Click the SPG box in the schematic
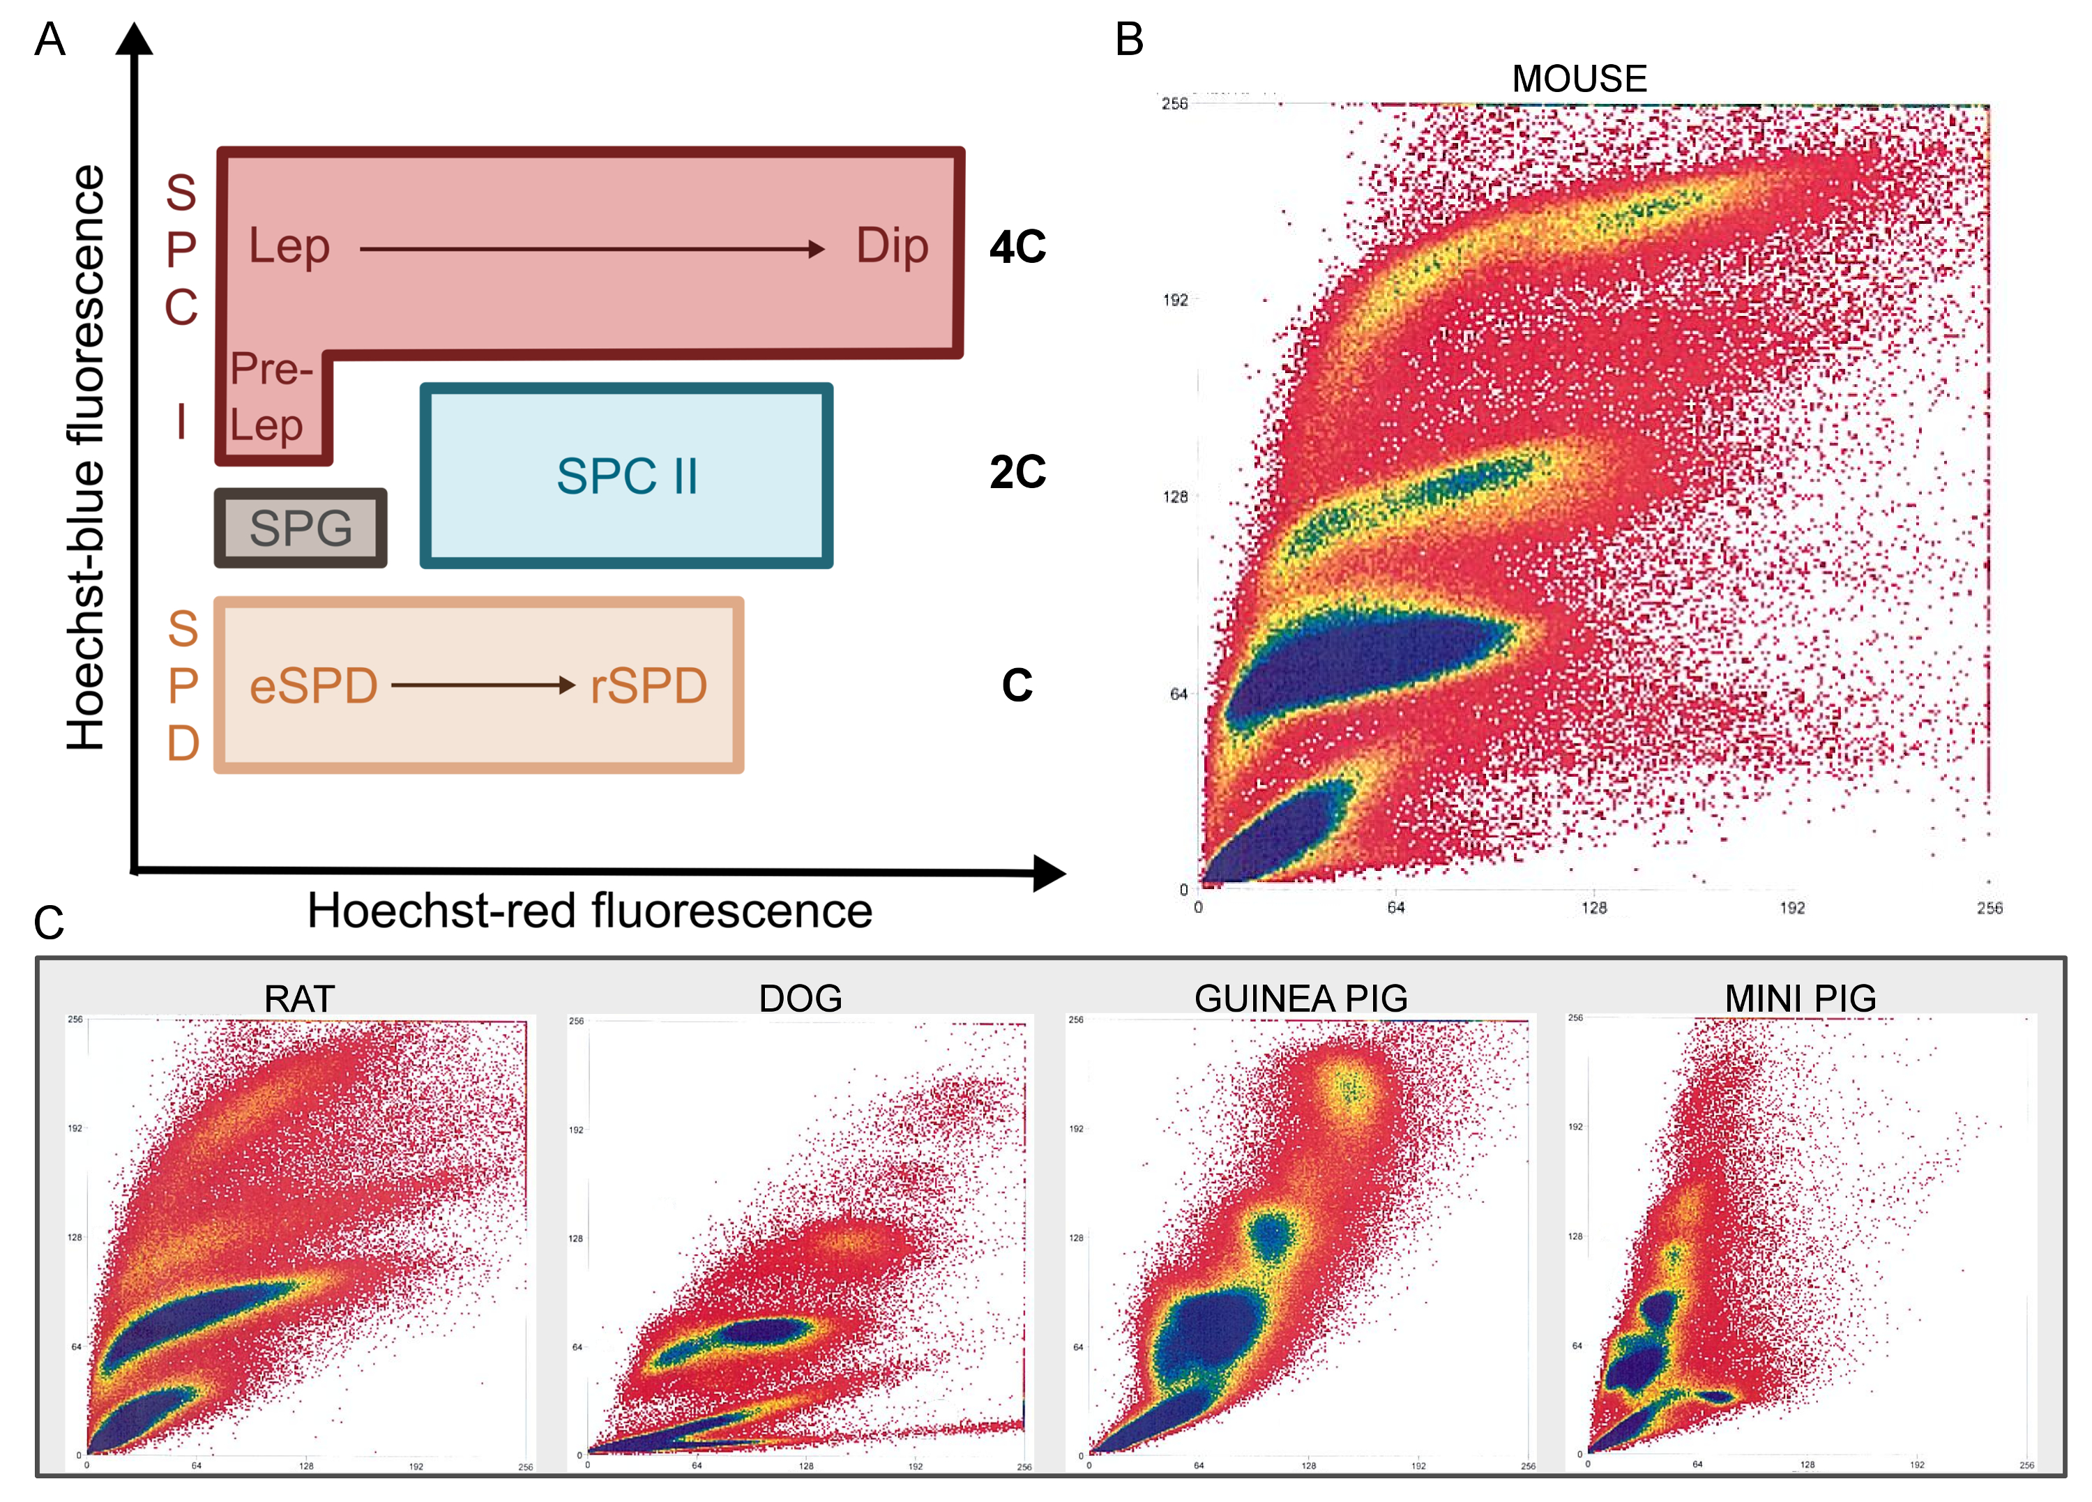pyautogui.click(x=301, y=528)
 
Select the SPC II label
pyautogui.click(x=626, y=476)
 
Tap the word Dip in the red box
pyautogui.click(x=892, y=246)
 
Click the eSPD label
pyautogui.click(x=314, y=686)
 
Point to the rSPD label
pyautogui.click(x=649, y=686)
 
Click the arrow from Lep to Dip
pyautogui.click(x=591, y=248)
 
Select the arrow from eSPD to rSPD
pyautogui.click(x=483, y=685)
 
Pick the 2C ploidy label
pyautogui.click(x=1017, y=472)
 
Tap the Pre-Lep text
pyautogui.click(x=269, y=397)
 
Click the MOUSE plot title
pyautogui.click(x=1579, y=79)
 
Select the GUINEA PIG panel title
pyautogui.click(x=1301, y=999)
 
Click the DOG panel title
pyautogui.click(x=800, y=999)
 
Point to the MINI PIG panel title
pyautogui.click(x=1800, y=999)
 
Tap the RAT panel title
pyautogui.click(x=299, y=999)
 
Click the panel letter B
pyautogui.click(x=1129, y=40)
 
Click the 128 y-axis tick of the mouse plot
pyautogui.click(x=1175, y=497)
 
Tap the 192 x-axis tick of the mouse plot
pyautogui.click(x=1791, y=908)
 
